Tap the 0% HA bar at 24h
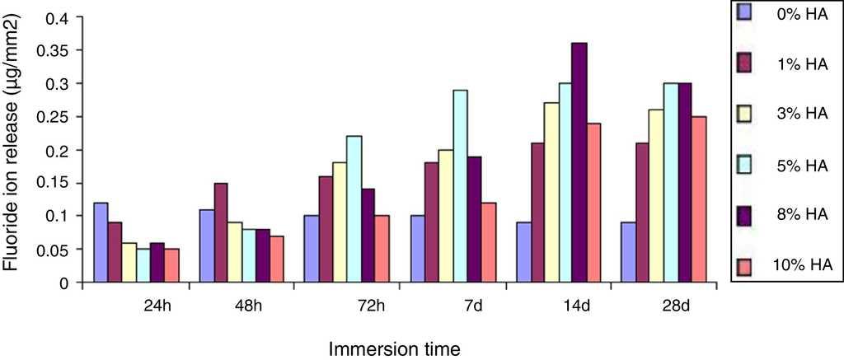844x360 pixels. [x=101, y=242]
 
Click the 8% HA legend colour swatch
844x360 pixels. [x=744, y=213]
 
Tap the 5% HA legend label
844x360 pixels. [x=807, y=166]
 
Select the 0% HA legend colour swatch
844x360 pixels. [x=744, y=12]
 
